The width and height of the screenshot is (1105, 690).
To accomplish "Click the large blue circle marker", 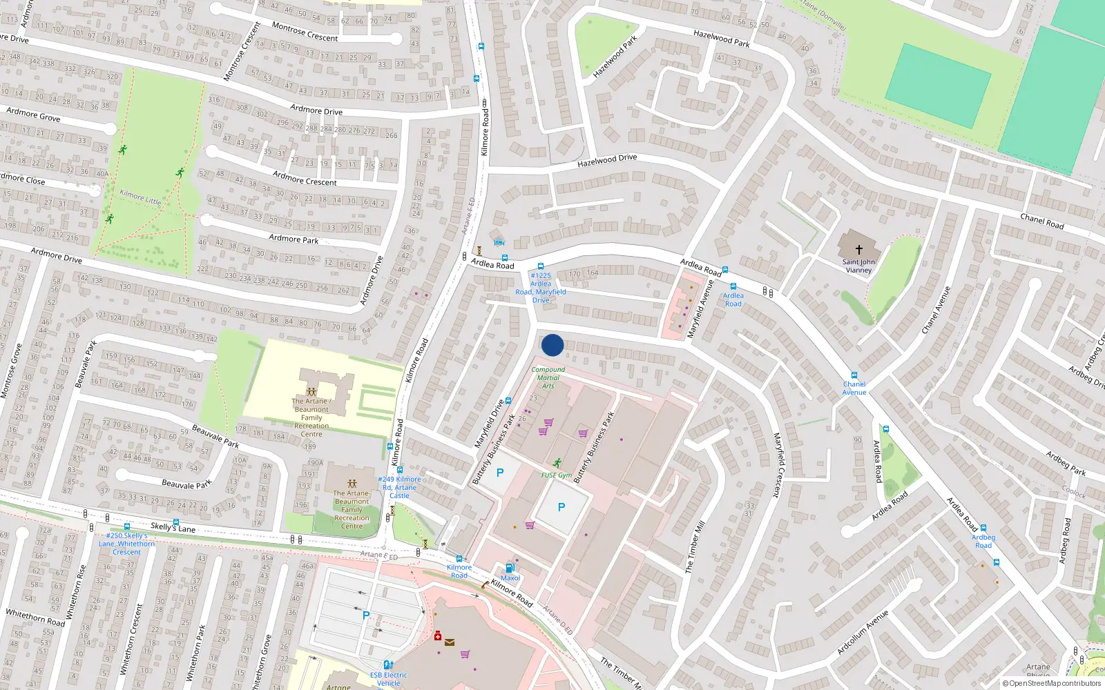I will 552,345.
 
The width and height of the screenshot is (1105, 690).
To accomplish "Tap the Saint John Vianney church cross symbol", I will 858,249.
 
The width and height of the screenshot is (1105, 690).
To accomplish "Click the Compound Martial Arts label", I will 548,377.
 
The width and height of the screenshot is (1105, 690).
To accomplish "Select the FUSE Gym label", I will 556,475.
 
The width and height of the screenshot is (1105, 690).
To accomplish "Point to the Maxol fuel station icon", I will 510,568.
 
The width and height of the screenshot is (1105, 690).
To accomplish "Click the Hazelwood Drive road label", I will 607,161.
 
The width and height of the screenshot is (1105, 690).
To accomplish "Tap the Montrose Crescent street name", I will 305,32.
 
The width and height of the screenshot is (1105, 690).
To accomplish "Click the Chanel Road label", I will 1041,221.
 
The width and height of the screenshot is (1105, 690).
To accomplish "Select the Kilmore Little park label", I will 140,197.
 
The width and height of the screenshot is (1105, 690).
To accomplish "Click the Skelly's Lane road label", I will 173,528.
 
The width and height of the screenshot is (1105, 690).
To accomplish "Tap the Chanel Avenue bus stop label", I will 854,388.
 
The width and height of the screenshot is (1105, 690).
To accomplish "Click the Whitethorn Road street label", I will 35,618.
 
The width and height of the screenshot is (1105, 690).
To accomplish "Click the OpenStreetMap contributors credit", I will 1051,684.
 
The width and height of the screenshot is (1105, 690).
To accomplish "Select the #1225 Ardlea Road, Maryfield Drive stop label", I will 541,288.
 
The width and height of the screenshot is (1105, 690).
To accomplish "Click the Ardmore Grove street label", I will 33,115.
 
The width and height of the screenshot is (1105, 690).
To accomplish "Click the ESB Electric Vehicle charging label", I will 388,679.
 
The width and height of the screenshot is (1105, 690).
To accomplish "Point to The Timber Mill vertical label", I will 694,546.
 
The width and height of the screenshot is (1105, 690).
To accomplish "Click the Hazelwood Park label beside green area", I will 615,57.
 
